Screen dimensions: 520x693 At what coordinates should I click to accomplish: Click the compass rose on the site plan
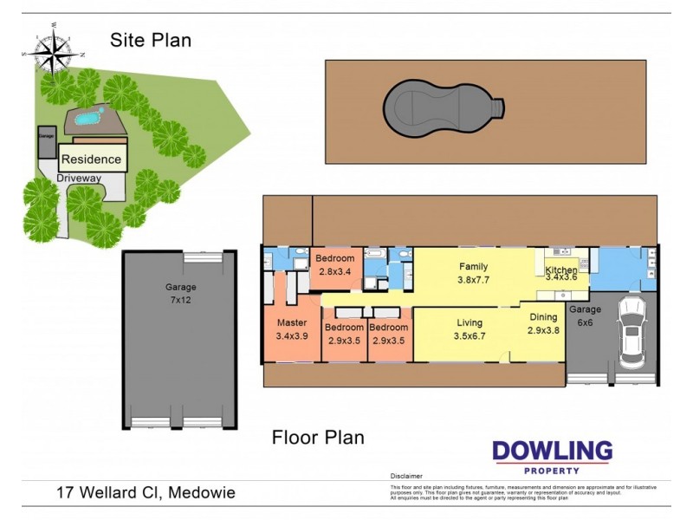(54, 54)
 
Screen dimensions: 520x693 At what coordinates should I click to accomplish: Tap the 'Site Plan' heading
(151, 40)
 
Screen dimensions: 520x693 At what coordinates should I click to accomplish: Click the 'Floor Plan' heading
(318, 438)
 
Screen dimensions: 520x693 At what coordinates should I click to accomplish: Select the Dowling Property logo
(552, 457)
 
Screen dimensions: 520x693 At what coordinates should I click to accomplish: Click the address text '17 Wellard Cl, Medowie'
(146, 493)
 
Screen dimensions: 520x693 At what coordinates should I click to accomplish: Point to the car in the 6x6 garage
(631, 333)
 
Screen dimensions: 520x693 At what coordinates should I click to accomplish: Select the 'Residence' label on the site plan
(91, 159)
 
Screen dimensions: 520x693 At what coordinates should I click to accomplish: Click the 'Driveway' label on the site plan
(79, 179)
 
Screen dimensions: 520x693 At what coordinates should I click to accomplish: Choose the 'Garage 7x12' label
(181, 293)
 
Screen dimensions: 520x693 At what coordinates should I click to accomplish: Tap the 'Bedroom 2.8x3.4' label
(334, 265)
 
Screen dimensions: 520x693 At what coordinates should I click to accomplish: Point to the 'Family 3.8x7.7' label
(473, 274)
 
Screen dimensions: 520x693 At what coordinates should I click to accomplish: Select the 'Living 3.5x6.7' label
(470, 329)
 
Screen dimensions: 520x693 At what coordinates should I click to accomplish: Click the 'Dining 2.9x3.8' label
(544, 323)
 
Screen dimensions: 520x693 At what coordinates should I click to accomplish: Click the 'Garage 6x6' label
(586, 315)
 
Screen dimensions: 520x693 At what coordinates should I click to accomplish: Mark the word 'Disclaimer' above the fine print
(405, 477)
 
